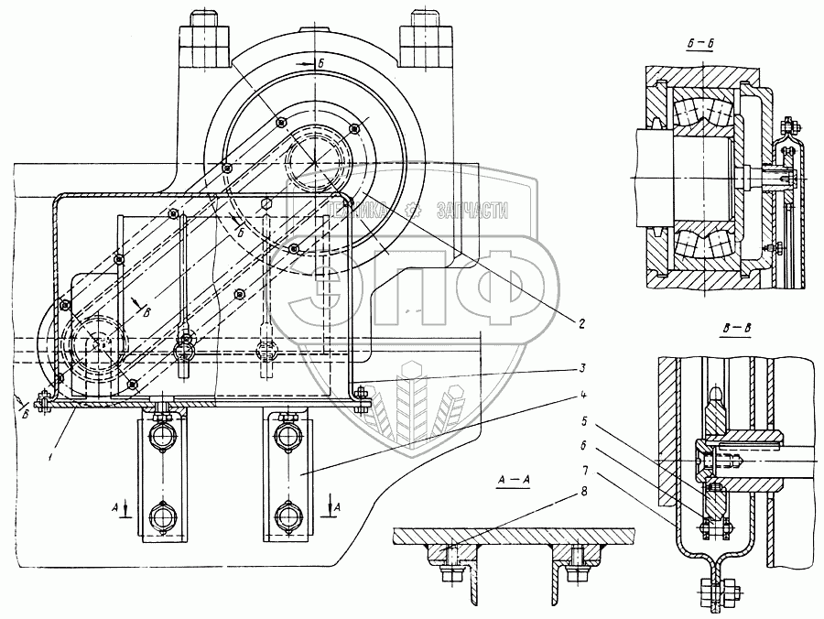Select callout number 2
click(x=581, y=321)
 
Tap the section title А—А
click(x=513, y=480)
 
